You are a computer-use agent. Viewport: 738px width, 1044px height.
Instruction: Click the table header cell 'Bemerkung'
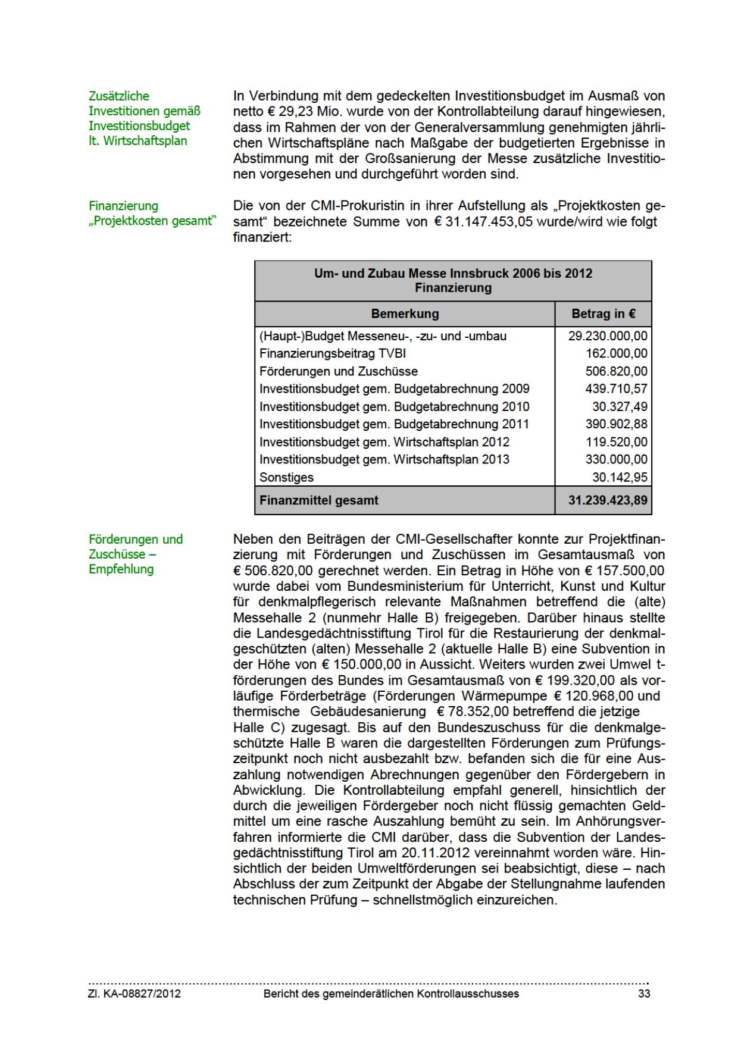click(405, 313)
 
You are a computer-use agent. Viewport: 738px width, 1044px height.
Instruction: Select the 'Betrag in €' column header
click(603, 313)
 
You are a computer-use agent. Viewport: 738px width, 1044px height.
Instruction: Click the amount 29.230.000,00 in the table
click(608, 336)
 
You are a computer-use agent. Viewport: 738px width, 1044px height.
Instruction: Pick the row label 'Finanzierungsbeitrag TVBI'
click(333, 353)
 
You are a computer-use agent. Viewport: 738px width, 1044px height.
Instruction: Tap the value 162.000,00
click(617, 353)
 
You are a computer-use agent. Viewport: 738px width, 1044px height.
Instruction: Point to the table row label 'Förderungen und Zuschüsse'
click(339, 371)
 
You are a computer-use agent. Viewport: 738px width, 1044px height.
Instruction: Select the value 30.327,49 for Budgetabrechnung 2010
click(620, 407)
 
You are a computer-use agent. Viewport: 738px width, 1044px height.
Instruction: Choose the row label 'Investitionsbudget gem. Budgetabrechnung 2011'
click(394, 424)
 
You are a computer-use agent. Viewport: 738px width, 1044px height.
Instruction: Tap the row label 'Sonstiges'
click(286, 477)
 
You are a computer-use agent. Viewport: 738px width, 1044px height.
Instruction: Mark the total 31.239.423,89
click(608, 500)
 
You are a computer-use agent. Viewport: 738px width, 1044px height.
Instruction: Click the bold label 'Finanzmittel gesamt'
click(318, 500)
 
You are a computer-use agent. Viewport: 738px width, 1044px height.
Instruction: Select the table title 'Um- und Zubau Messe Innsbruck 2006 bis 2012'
click(453, 273)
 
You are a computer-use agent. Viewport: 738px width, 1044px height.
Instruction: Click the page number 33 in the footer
click(644, 994)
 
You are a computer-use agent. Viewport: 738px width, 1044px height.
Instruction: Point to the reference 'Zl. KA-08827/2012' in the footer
click(135, 994)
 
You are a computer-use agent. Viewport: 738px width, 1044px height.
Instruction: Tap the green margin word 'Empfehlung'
click(121, 569)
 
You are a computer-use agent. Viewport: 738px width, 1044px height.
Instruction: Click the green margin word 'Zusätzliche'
click(119, 96)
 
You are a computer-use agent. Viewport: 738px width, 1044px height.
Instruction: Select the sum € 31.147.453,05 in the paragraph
click(480, 222)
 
